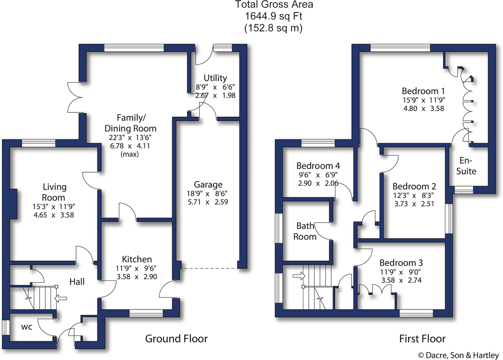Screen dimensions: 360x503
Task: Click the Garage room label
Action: coord(208,185)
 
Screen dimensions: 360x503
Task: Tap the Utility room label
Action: coord(215,78)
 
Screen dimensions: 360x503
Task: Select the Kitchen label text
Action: coord(137,259)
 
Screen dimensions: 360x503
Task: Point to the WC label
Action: coord(27,327)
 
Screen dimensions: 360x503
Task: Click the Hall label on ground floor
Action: coord(77,282)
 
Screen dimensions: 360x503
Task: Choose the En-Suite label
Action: coord(466,166)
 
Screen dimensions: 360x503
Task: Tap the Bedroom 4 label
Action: coord(318,166)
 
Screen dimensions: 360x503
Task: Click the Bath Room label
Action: coord(305,231)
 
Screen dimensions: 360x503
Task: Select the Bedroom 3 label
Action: coord(401,263)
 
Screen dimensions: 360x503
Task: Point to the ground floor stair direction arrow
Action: coord(61,298)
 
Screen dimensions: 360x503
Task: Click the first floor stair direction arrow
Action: coord(299,275)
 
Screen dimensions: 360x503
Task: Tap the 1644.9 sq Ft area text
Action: coord(273,16)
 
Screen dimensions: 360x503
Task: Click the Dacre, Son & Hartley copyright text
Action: coord(458,355)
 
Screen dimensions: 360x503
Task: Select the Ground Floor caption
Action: coord(176,339)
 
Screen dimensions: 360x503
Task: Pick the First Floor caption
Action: coord(422,339)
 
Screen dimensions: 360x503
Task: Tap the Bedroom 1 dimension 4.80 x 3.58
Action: coord(423,109)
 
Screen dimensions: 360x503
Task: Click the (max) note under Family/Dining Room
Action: coord(129,154)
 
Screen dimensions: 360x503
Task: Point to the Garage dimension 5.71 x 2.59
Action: coord(208,202)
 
